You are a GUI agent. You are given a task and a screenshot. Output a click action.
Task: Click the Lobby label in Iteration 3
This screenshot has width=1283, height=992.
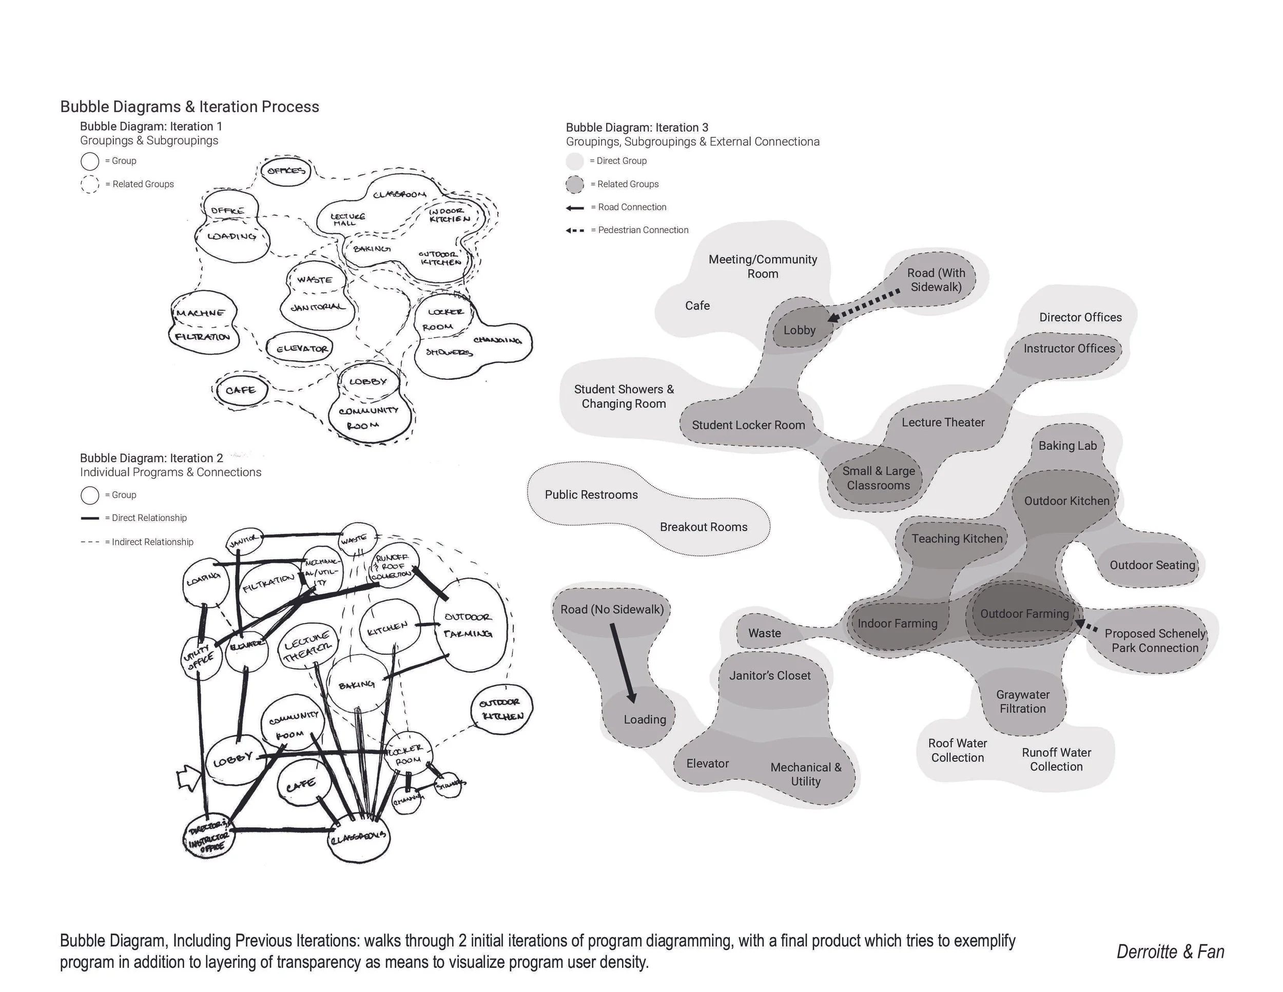pyautogui.click(x=799, y=330)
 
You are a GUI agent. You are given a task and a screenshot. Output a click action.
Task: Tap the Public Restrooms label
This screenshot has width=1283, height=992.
pyautogui.click(x=591, y=495)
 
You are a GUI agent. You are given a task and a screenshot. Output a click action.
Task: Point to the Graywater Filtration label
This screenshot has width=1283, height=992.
pyautogui.click(x=1023, y=702)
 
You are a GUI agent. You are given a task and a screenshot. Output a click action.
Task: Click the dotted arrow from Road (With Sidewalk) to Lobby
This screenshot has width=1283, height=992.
pyautogui.click(x=864, y=306)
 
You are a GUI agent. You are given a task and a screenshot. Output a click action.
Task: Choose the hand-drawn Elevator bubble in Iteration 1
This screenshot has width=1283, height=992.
pyautogui.click(x=301, y=349)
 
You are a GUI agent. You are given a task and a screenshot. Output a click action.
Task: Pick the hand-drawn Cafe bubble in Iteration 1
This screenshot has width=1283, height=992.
pyautogui.click(x=240, y=390)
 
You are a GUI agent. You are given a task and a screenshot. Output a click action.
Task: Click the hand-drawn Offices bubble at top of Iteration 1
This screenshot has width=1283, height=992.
pyautogui.click(x=286, y=171)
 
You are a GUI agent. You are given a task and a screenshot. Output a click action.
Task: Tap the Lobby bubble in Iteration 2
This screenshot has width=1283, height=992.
pyautogui.click(x=232, y=761)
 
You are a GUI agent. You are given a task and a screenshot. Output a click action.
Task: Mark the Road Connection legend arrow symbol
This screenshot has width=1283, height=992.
pyautogui.click(x=575, y=207)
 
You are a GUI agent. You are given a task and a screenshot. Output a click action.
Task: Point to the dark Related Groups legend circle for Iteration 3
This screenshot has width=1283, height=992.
pyautogui.click(x=575, y=184)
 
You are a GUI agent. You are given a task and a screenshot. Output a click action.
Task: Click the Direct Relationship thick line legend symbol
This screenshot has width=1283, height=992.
pyautogui.click(x=90, y=518)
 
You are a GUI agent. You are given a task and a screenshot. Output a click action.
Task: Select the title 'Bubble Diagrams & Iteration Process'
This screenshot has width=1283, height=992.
pyautogui.click(x=190, y=107)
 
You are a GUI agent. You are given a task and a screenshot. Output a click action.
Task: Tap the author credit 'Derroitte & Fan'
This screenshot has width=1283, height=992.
pyautogui.click(x=1170, y=952)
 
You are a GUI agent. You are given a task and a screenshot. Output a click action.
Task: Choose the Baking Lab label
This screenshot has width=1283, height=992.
pyautogui.click(x=1067, y=446)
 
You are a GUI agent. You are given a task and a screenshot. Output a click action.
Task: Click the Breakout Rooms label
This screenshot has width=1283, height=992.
pyautogui.click(x=703, y=527)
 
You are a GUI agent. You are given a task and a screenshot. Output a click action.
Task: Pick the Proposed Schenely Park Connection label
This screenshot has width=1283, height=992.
pyautogui.click(x=1154, y=641)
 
